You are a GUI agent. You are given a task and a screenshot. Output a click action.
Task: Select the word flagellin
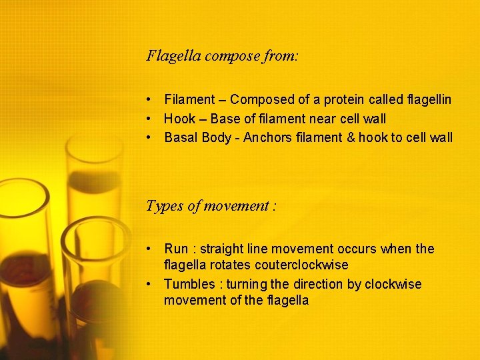pyautogui.click(x=429, y=100)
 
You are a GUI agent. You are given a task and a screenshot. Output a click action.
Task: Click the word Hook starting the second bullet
pyautogui.click(x=180, y=119)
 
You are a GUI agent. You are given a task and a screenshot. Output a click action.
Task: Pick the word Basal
pyautogui.click(x=181, y=138)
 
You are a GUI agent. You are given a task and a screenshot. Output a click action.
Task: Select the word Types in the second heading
pyautogui.click(x=164, y=206)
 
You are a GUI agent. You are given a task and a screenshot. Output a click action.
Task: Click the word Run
pyautogui.click(x=177, y=249)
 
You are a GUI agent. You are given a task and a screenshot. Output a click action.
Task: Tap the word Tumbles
pyautogui.click(x=191, y=285)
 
